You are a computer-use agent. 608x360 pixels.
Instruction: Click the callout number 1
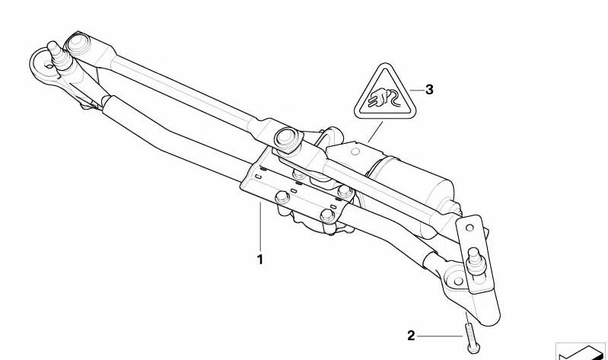pyautogui.click(x=259, y=260)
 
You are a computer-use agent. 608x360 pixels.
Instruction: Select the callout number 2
pyautogui.click(x=411, y=336)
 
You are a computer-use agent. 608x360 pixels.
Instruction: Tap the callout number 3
pyautogui.click(x=429, y=90)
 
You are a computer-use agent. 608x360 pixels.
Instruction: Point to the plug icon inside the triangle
pyautogui.click(x=383, y=98)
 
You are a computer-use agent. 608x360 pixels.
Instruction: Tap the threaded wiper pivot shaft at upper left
pyautogui.click(x=58, y=55)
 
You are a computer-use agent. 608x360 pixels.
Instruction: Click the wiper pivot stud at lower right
pyautogui.click(x=476, y=261)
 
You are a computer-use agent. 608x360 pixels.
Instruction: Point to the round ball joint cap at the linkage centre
pyautogui.click(x=288, y=138)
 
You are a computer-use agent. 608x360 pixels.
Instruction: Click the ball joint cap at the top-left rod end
pyautogui.click(x=78, y=43)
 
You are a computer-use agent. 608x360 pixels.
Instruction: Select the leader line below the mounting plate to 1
pyautogui.click(x=260, y=227)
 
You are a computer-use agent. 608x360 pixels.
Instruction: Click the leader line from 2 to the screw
pyautogui.click(x=440, y=336)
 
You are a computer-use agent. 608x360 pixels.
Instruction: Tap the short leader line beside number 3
pyautogui.click(x=417, y=90)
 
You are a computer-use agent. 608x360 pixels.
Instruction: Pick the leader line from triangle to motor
pyautogui.click(x=375, y=132)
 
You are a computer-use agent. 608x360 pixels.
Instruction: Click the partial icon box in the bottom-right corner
pyautogui.click(x=581, y=352)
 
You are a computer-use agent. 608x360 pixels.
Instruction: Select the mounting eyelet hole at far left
pyautogui.click(x=49, y=65)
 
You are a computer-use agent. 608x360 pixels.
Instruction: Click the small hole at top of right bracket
pyautogui.click(x=470, y=228)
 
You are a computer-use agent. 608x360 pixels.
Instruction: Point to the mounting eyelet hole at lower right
pyautogui.click(x=458, y=281)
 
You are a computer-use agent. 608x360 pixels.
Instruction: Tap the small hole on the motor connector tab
pyautogui.click(x=355, y=151)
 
